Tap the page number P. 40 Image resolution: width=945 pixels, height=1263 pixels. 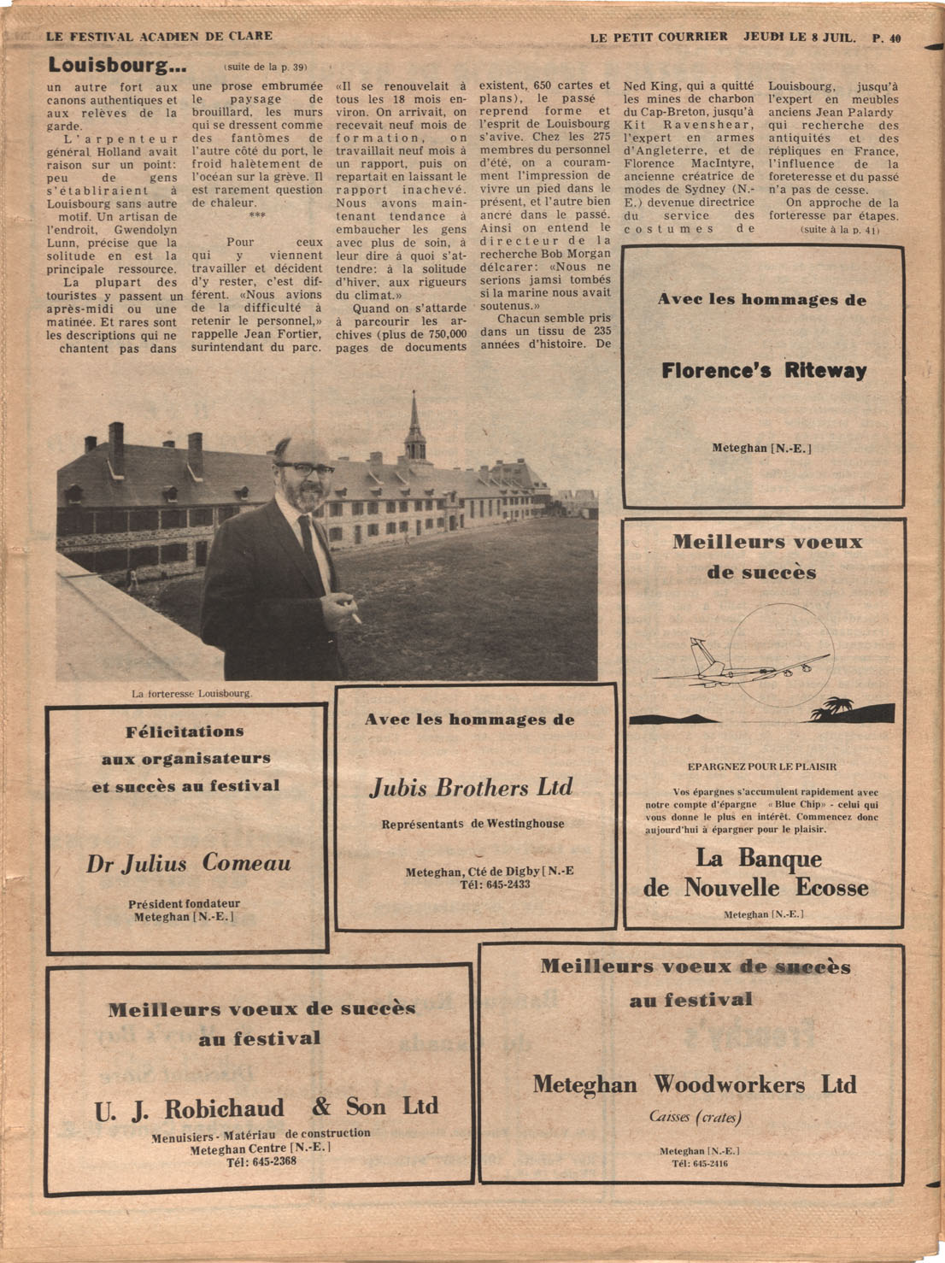pos(886,38)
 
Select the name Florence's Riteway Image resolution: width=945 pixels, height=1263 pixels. pos(764,371)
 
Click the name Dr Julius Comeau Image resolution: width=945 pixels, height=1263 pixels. pos(188,864)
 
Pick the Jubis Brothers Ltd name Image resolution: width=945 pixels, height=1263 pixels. pos(471,787)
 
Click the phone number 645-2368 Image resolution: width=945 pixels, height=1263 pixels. pos(261,1162)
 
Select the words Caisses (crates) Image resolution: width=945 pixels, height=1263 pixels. pos(695,1117)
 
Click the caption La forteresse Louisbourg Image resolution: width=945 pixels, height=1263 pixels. pos(192,693)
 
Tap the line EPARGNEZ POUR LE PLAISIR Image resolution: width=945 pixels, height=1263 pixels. pos(762,767)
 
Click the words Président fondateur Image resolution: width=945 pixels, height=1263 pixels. pos(184,903)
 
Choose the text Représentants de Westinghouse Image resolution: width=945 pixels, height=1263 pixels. pos(472,824)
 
